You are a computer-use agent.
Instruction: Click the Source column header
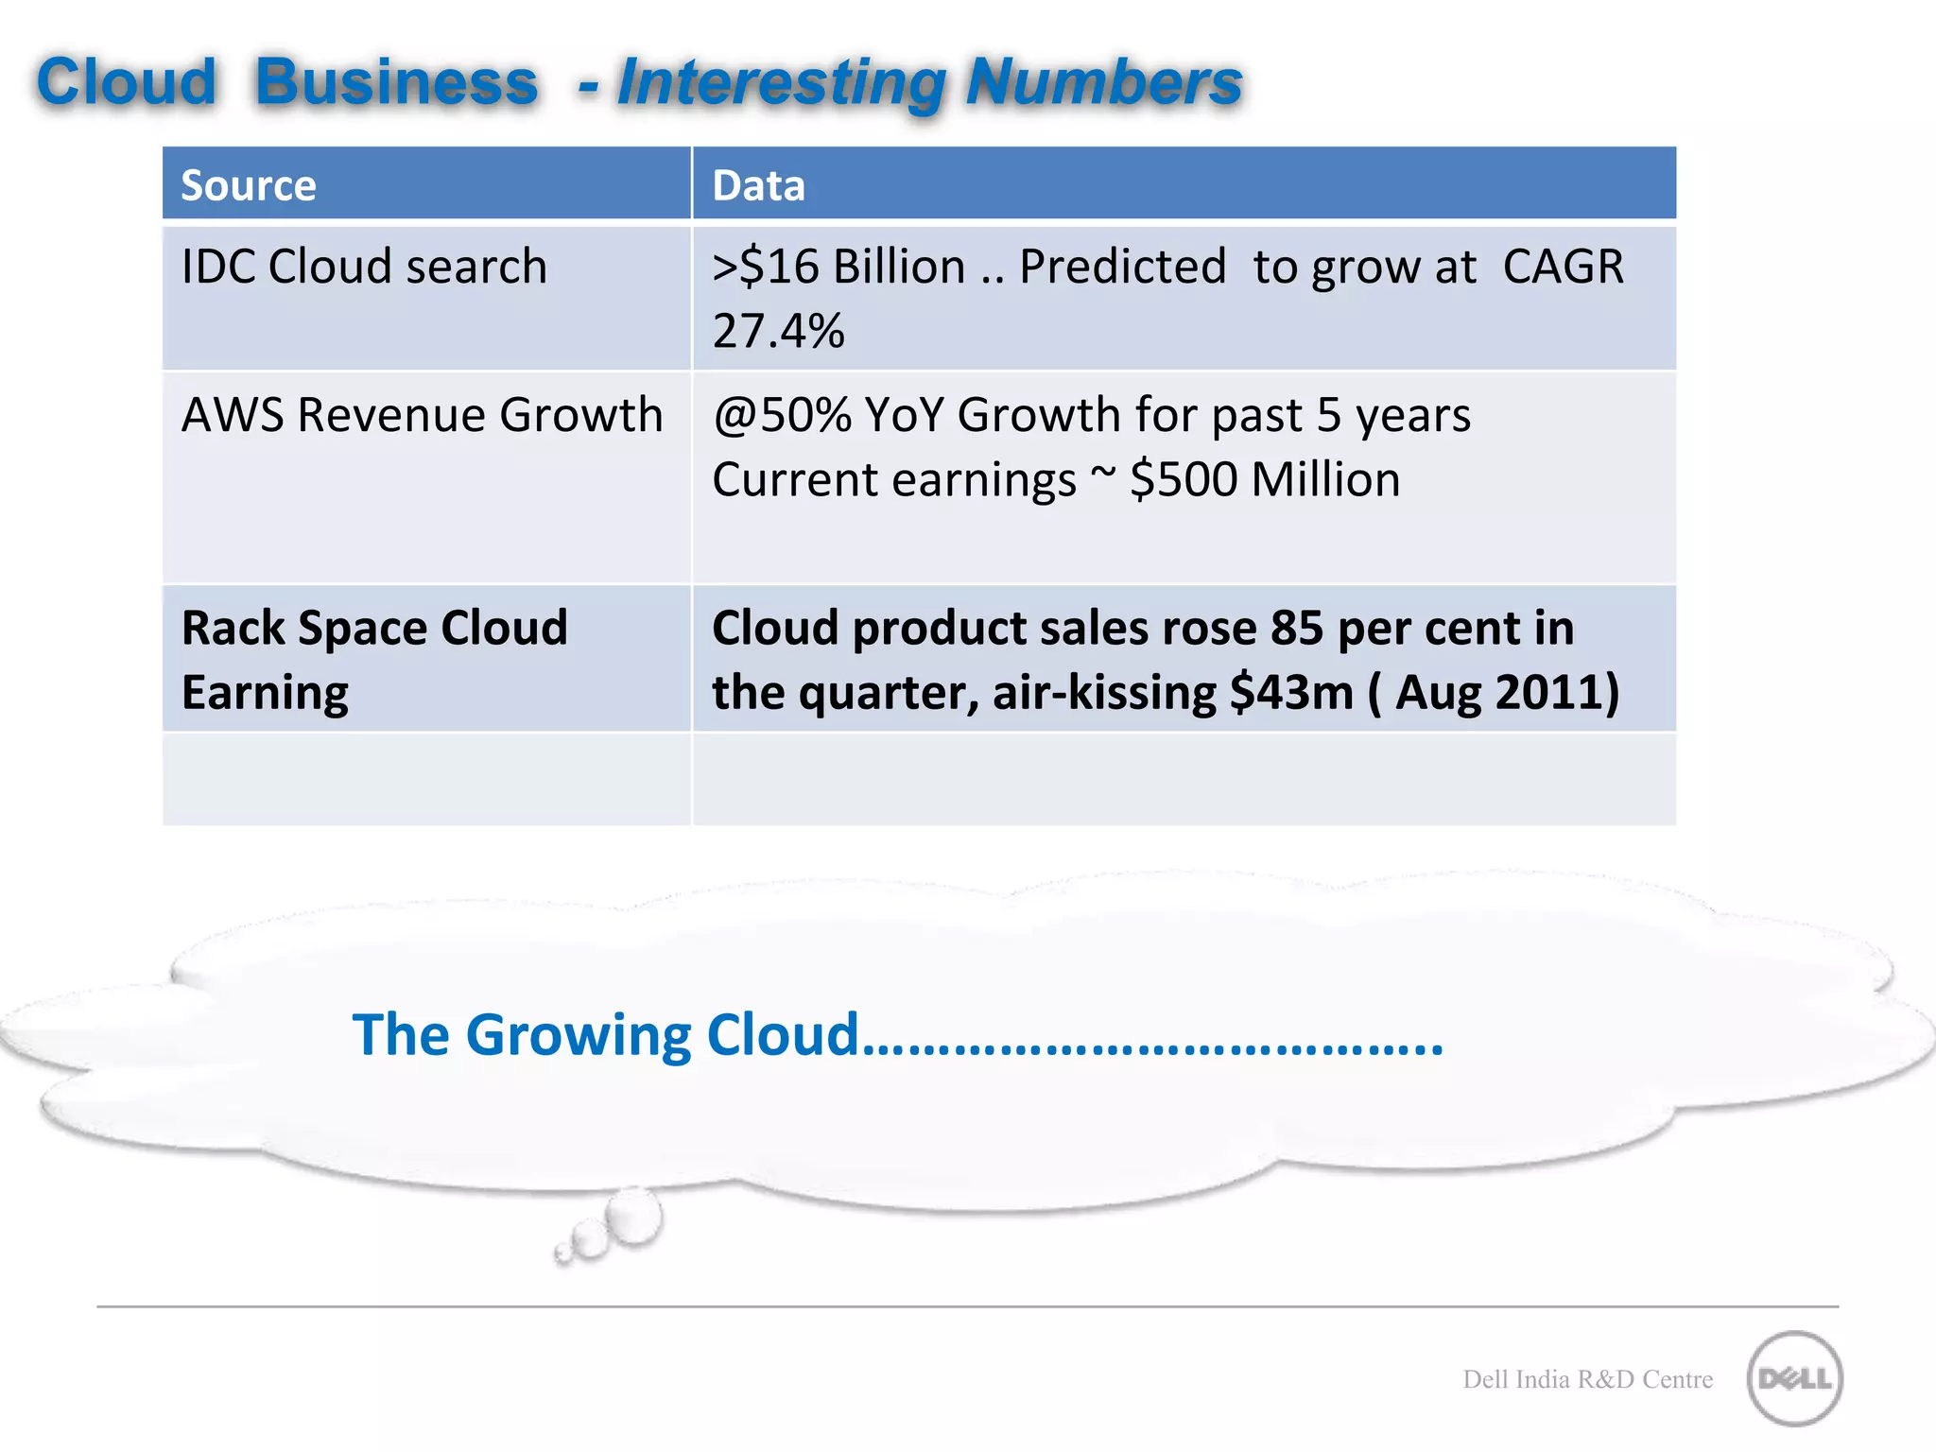point(249,185)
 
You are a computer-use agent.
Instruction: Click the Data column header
point(758,185)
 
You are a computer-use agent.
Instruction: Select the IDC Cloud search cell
point(364,267)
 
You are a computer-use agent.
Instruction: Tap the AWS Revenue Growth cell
point(422,415)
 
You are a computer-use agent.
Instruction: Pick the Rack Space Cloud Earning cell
point(374,660)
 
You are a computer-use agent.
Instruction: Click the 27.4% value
point(778,331)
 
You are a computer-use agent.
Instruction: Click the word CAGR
point(1563,267)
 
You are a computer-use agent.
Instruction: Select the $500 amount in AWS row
point(1184,479)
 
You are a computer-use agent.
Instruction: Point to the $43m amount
point(1291,692)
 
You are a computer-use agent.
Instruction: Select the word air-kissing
point(1105,692)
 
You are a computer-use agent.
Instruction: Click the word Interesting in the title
point(781,82)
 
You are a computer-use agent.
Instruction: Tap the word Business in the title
point(396,82)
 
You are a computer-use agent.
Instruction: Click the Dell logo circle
point(1794,1378)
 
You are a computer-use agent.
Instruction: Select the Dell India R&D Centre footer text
point(1587,1379)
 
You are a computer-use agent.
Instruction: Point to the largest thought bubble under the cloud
point(633,1217)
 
